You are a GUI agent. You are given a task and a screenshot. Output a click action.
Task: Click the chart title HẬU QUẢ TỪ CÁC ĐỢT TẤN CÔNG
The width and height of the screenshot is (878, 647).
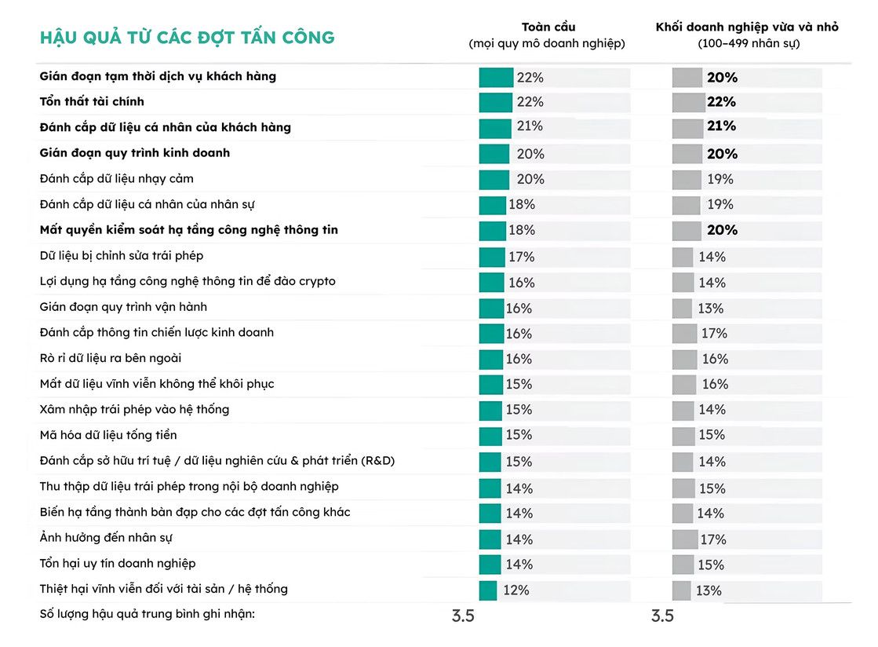pos(187,38)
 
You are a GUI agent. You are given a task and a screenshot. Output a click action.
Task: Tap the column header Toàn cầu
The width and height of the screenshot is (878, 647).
pos(548,27)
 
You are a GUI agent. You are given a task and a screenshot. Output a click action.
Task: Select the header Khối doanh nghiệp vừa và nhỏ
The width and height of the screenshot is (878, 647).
pos(747,27)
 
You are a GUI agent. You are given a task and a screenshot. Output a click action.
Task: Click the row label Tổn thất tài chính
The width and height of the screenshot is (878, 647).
pos(92,101)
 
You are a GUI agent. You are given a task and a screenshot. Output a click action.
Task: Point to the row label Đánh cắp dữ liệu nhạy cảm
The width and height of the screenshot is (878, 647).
pos(116,179)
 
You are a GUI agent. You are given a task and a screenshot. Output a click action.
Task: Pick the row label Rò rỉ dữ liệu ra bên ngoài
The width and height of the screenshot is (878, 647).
pos(111,358)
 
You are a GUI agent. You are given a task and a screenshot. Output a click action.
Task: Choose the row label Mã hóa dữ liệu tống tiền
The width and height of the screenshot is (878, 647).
pos(108,435)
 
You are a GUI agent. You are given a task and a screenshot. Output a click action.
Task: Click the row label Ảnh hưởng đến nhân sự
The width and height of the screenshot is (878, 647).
pos(106,538)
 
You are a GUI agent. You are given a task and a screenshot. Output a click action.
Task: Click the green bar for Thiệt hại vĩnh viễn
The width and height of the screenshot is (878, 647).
pos(488,591)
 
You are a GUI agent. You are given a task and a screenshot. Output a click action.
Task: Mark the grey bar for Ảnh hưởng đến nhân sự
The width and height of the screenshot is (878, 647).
pos(685,539)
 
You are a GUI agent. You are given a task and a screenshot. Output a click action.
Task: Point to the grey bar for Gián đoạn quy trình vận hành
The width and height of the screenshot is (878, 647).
pos(682,309)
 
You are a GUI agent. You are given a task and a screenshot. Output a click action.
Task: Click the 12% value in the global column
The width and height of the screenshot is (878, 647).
pos(516,590)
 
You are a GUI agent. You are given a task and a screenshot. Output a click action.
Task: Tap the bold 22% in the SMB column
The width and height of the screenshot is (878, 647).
pos(721,102)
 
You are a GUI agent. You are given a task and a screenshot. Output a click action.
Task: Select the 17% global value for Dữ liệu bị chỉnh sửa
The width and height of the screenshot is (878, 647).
pos(521,257)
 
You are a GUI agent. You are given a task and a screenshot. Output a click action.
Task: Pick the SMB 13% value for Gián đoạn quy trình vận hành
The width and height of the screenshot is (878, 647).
pos(711,309)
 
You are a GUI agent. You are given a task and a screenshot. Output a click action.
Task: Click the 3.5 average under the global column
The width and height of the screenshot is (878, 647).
pos(463,616)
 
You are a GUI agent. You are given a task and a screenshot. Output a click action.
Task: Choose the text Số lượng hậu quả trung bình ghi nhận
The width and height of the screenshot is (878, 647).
pos(148,614)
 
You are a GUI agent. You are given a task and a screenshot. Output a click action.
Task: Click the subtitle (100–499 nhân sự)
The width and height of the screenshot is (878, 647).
pos(749,44)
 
